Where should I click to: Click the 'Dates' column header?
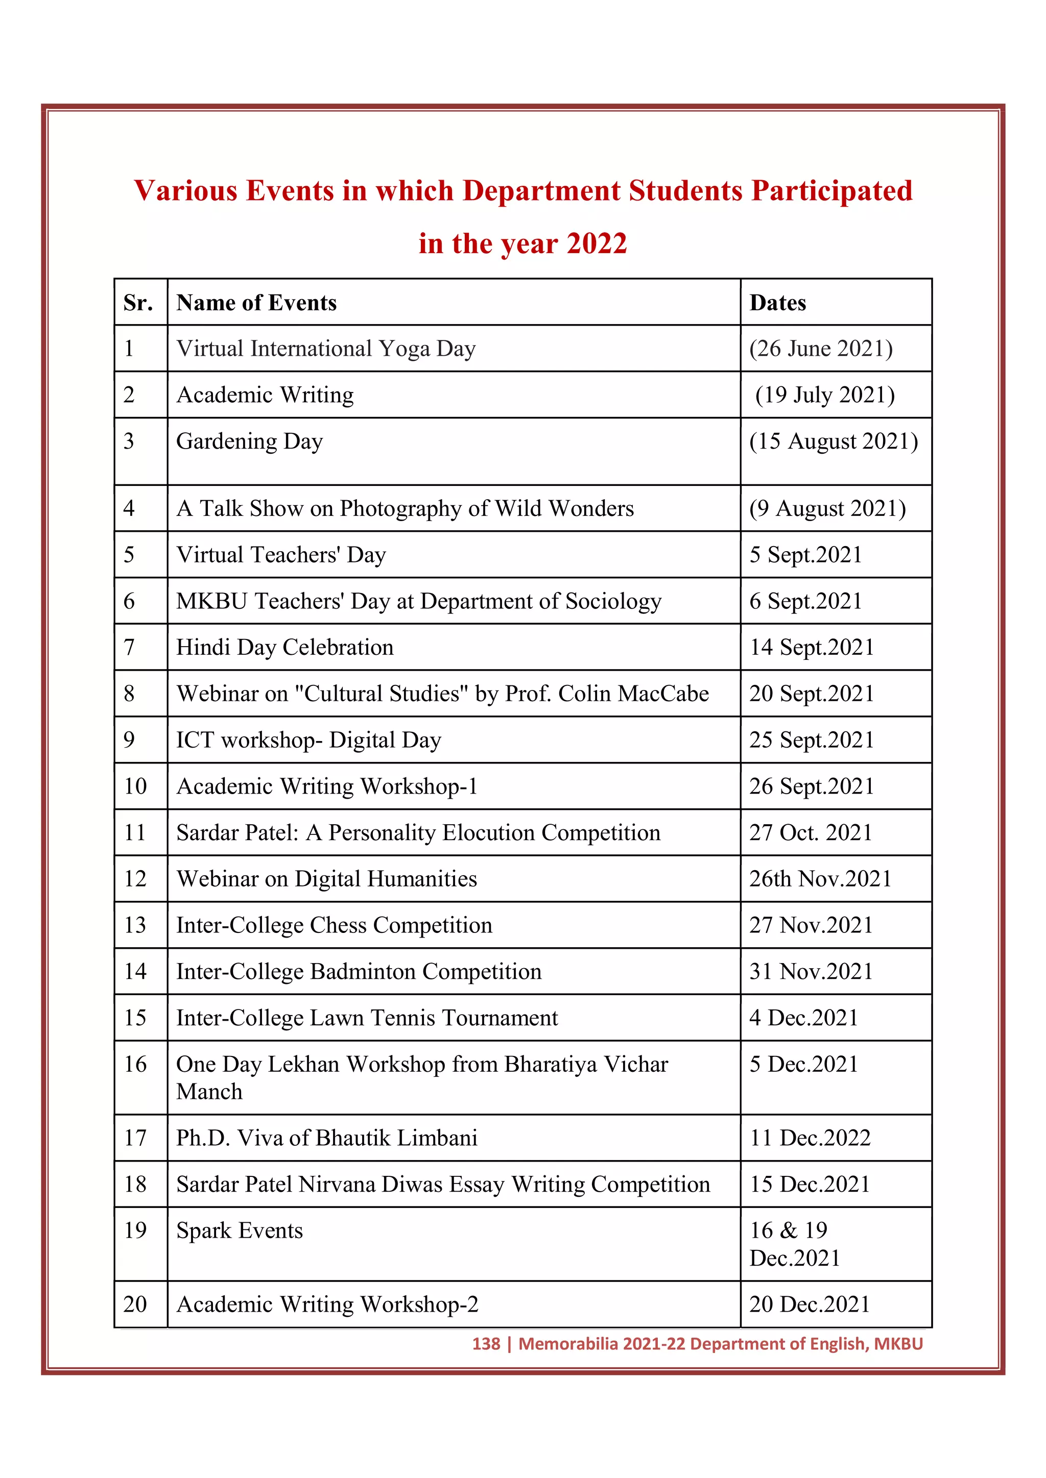(x=777, y=303)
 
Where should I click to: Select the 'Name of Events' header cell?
(x=256, y=303)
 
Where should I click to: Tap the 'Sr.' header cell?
(x=138, y=303)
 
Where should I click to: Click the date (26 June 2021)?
(x=821, y=349)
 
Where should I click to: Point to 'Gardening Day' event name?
(x=249, y=441)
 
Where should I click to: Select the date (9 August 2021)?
(x=827, y=508)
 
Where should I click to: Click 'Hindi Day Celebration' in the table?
(x=284, y=648)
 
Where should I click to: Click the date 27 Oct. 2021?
(x=810, y=833)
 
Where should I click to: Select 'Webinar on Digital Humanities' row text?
(x=326, y=879)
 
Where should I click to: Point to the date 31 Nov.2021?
(x=810, y=971)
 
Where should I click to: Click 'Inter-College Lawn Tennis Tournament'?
(x=367, y=1018)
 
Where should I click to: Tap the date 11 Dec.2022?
(x=810, y=1138)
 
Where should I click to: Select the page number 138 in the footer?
(x=486, y=1344)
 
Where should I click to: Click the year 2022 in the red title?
(x=597, y=244)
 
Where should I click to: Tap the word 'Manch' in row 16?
(x=209, y=1092)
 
